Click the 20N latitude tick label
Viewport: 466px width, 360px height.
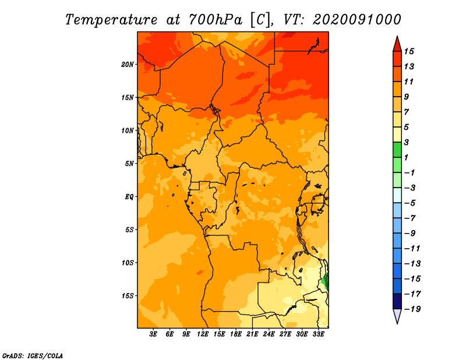tap(127, 65)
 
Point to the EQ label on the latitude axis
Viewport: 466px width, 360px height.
tap(129, 197)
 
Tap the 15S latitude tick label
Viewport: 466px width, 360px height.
tap(127, 296)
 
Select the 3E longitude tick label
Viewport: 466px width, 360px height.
tap(153, 334)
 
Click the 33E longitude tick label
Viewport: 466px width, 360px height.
tap(318, 334)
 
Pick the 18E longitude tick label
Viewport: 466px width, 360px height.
tap(236, 334)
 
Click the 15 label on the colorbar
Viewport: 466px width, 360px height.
tap(409, 51)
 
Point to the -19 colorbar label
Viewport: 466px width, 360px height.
tap(412, 309)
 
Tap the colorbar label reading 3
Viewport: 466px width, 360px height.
tap(406, 142)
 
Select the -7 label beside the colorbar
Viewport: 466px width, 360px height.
tap(410, 218)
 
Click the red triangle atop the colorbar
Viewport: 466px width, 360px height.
tap(397, 44)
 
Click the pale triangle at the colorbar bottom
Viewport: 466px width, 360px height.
tap(397, 316)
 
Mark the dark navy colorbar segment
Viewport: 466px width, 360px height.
tap(397, 301)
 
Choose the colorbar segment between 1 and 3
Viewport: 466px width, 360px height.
tap(397, 150)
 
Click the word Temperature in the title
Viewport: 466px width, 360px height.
tap(111, 20)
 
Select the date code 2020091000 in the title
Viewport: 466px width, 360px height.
tap(357, 20)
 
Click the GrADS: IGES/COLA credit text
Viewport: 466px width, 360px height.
tap(33, 355)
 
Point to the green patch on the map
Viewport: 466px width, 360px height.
tap(326, 280)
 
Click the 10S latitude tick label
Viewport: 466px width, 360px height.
tap(127, 263)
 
